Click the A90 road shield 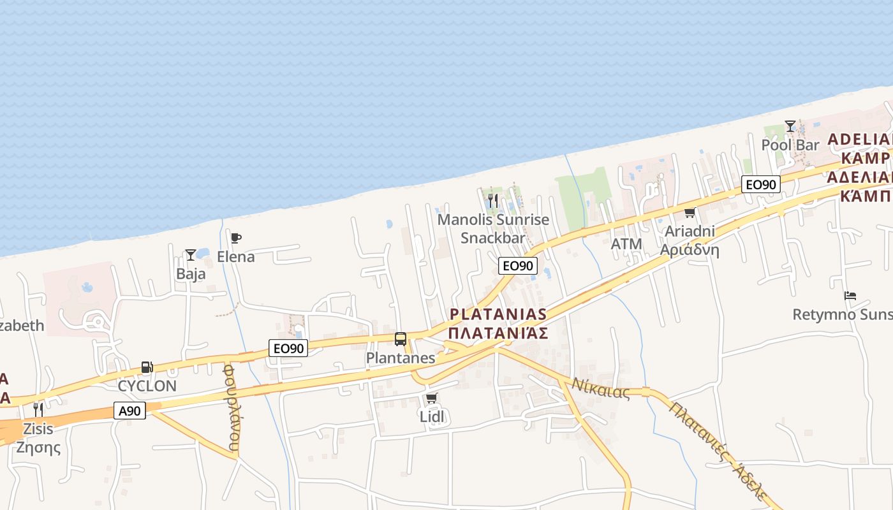click(x=129, y=411)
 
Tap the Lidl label click(x=432, y=416)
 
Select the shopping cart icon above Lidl click(x=431, y=398)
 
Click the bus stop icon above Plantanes click(x=401, y=339)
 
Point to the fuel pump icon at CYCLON click(x=147, y=367)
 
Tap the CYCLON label click(x=147, y=386)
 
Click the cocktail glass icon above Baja click(x=191, y=255)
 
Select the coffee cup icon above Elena click(x=236, y=238)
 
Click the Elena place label click(x=236, y=257)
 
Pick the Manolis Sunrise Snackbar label click(x=493, y=229)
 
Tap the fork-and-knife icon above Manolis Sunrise click(x=492, y=201)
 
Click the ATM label click(x=626, y=244)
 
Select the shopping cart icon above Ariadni click(x=690, y=213)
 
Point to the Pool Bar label click(x=790, y=145)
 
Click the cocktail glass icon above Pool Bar click(x=790, y=126)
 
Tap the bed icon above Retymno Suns click(x=850, y=296)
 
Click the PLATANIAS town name click(x=498, y=314)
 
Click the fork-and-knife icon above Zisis click(x=38, y=409)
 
